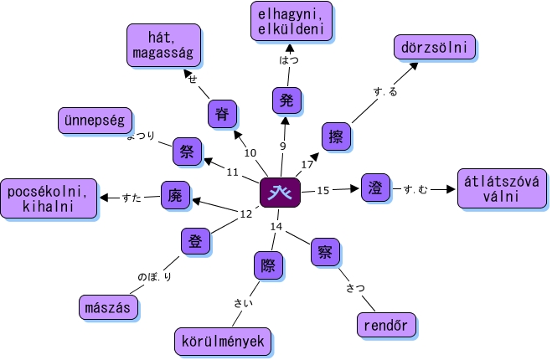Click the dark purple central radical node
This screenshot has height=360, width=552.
[280, 192]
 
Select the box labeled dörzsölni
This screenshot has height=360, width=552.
[434, 48]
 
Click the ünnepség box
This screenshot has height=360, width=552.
[92, 121]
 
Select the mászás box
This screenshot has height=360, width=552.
[107, 307]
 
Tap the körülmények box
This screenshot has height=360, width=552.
[223, 341]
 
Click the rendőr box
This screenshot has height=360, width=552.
[385, 325]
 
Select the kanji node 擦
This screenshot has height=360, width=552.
[336, 136]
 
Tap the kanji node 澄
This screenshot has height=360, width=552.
[374, 188]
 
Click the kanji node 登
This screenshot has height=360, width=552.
[194, 242]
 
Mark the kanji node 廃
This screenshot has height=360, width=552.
[174, 194]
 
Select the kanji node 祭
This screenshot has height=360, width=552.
[185, 152]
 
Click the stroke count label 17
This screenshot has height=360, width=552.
[307, 164]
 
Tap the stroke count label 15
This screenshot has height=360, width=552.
[322, 190]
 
